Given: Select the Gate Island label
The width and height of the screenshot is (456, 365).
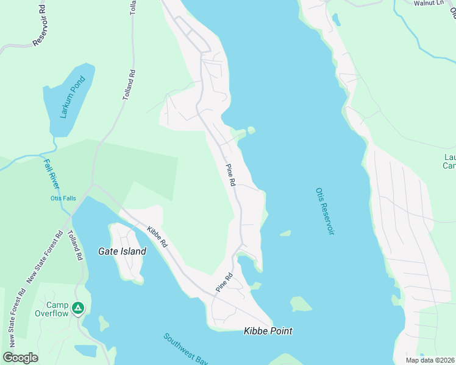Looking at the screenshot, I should coord(122,251).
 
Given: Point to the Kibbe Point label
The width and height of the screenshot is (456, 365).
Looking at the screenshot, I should coord(268,331).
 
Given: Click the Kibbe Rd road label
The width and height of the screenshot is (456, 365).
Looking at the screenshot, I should coord(157,236).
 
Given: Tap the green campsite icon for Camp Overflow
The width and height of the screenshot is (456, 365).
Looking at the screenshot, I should coord(77,308).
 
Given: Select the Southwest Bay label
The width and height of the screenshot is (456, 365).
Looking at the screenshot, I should coord(185,349).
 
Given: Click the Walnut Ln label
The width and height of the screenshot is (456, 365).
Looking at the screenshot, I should coord(428,3).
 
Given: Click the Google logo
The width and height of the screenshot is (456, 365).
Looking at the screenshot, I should coord(20,357).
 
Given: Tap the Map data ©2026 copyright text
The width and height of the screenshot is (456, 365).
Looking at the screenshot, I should coord(429,360).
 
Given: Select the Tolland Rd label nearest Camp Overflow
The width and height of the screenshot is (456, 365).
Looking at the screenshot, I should coord(75,246).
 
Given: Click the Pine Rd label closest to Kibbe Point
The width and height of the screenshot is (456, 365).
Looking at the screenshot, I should coord(224,283).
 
